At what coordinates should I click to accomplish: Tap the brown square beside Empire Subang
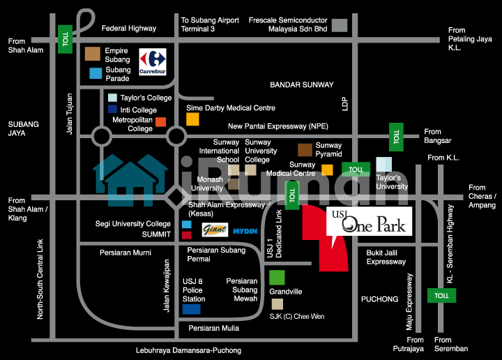92,54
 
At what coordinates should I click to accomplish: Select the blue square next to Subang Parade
95,73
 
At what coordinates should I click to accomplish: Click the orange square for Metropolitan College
160,123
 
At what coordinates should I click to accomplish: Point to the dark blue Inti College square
112,110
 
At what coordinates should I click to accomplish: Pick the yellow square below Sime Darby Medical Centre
192,119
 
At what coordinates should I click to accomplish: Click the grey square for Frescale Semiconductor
340,25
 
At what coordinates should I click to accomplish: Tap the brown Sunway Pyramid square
305,150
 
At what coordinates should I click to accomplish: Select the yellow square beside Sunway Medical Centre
327,170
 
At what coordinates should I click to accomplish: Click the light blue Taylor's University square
383,165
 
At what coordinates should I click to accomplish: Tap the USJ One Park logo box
368,222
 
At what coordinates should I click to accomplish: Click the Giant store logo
214,230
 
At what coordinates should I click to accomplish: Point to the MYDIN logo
245,230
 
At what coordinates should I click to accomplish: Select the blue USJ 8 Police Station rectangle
191,308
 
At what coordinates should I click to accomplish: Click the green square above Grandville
277,278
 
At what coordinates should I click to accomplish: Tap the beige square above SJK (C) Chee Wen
277,304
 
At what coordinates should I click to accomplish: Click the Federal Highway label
129,29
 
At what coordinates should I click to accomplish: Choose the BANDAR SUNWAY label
302,84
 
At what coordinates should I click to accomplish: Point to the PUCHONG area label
379,299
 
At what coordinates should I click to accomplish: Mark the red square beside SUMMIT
186,235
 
